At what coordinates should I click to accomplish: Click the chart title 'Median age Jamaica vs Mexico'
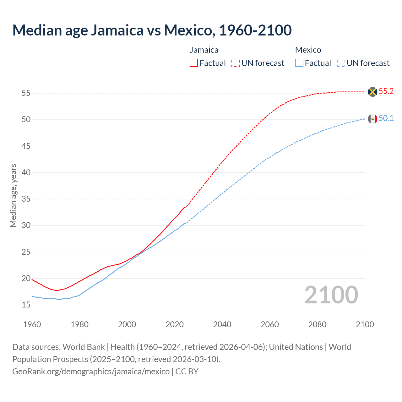[152, 30]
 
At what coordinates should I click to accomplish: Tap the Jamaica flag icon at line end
[372, 92]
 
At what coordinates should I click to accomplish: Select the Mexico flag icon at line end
[372, 119]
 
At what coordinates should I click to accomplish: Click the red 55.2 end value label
[386, 91]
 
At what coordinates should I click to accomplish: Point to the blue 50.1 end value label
[386, 118]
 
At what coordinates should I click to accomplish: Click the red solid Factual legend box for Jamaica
[194, 63]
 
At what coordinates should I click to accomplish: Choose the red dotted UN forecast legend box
[236, 63]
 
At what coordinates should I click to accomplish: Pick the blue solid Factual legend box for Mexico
[299, 63]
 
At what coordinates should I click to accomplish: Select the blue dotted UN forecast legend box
[341, 63]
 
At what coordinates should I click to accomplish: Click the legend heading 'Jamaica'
[204, 50]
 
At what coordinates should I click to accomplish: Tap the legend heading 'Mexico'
[308, 50]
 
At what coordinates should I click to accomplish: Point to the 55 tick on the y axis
[26, 93]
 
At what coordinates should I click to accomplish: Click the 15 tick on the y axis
[26, 305]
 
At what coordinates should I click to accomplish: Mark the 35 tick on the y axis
[26, 199]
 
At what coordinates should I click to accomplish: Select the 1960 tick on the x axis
[32, 324]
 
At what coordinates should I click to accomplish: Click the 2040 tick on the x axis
[222, 324]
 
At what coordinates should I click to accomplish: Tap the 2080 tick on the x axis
[317, 324]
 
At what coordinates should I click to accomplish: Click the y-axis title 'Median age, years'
[14, 195]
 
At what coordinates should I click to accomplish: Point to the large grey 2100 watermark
[331, 295]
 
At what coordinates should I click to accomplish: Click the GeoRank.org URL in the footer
[91, 372]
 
